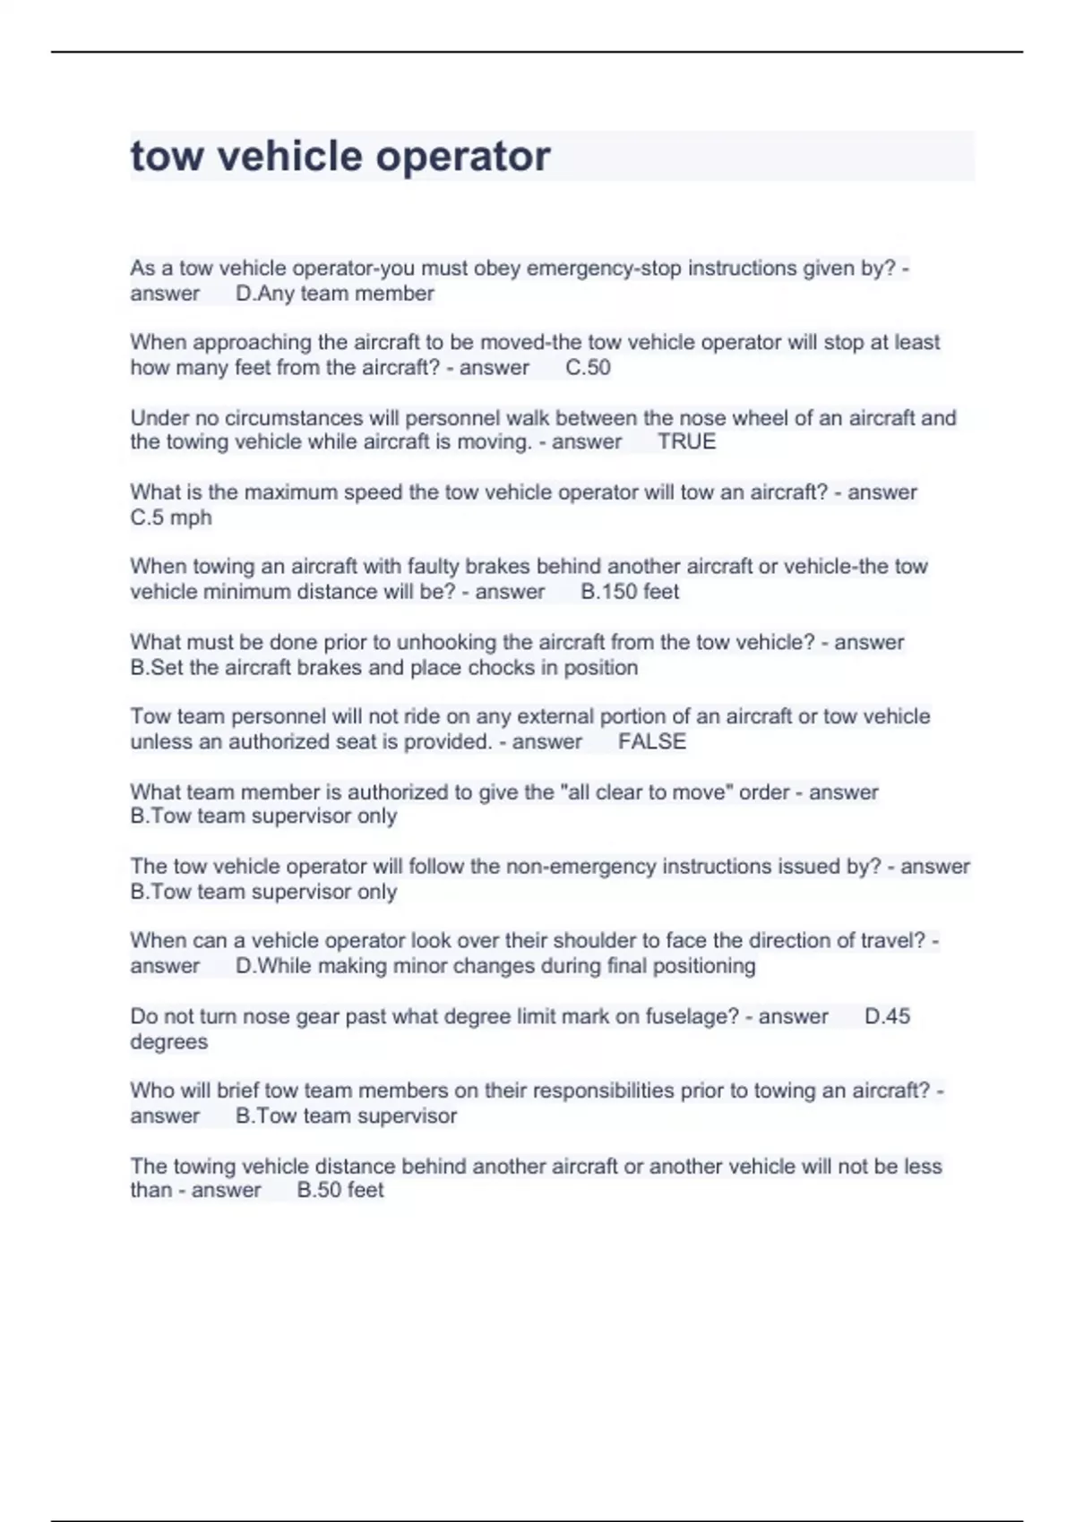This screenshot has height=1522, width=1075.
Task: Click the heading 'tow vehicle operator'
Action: [340, 156]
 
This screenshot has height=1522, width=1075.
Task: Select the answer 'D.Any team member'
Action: [335, 294]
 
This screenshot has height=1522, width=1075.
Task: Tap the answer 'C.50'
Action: [588, 367]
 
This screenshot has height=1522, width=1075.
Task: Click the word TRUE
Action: [686, 441]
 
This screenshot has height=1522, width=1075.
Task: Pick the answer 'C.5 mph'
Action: [171, 517]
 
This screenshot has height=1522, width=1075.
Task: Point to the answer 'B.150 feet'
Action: [630, 592]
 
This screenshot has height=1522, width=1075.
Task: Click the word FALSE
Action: [652, 741]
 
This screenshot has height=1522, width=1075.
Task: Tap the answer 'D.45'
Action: [887, 1016]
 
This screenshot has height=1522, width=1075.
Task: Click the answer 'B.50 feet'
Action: [340, 1190]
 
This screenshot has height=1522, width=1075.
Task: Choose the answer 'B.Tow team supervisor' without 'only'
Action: [346, 1116]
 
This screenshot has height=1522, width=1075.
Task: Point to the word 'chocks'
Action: [502, 668]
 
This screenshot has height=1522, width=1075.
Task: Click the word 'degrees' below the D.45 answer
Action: [168, 1042]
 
